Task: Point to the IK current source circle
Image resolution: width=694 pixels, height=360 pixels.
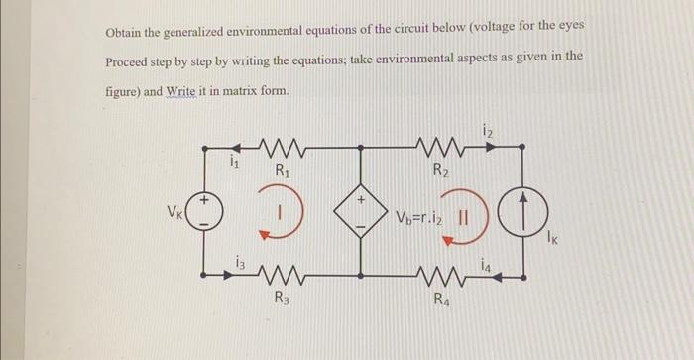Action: [521, 212]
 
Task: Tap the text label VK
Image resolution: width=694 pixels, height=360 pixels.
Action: [174, 212]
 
